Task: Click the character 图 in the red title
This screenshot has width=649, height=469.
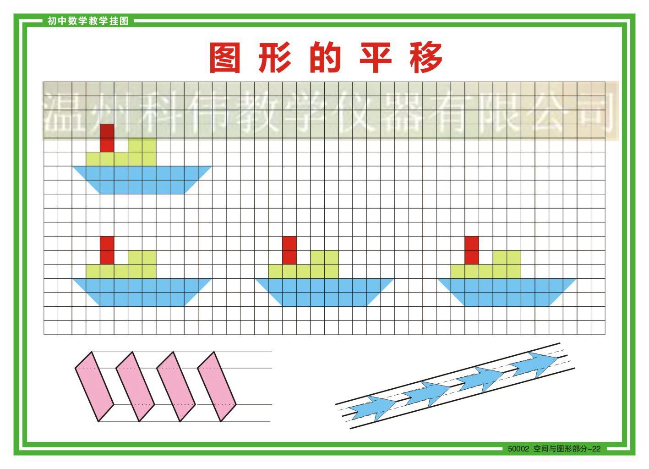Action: (225, 58)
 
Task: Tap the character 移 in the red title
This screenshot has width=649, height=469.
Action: (426, 58)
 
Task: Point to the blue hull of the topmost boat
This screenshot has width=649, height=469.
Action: (142, 179)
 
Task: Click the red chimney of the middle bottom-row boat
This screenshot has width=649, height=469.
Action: (289, 250)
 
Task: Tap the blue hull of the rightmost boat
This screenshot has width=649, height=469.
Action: (506, 292)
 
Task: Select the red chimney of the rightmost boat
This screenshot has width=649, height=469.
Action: (471, 250)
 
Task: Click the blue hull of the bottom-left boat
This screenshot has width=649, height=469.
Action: (142, 292)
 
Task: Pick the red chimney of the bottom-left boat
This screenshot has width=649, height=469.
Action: (107, 250)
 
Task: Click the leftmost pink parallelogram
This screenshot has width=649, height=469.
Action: (94, 386)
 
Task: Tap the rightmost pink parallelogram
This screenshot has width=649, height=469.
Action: (217, 386)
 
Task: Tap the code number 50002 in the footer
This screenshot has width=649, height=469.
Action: (518, 449)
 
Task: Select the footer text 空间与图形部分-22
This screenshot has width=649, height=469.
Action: (567, 449)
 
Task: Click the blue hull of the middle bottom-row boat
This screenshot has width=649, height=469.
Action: (324, 292)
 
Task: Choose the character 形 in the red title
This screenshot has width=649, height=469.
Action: (275, 58)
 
